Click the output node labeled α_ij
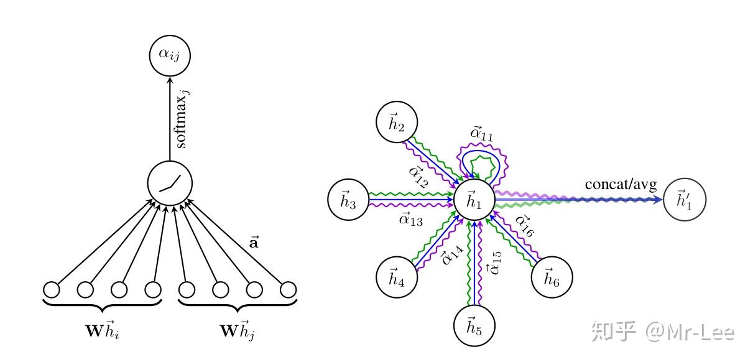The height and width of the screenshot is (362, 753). [169, 55]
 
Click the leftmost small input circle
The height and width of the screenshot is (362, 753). [52, 290]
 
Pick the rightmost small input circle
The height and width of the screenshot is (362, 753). [288, 290]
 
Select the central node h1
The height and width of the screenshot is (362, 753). [474, 200]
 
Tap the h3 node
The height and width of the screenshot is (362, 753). [348, 200]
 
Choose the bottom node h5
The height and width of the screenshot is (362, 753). [474, 326]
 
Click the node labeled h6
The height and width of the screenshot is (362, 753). [551, 276]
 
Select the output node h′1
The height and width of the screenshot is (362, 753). [684, 200]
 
